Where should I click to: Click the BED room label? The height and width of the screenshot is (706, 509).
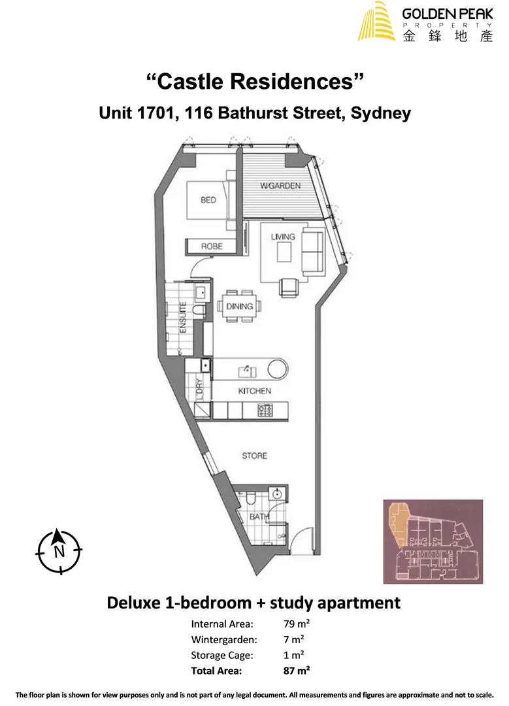pyautogui.click(x=208, y=200)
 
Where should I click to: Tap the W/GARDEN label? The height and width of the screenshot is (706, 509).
pyautogui.click(x=280, y=186)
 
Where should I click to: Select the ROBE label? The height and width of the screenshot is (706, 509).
pyautogui.click(x=211, y=246)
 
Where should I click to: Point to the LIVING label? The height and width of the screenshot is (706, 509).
pyautogui.click(x=283, y=237)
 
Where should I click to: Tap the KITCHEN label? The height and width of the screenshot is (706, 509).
pyautogui.click(x=254, y=391)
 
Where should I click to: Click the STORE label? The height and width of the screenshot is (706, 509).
pyautogui.click(x=254, y=455)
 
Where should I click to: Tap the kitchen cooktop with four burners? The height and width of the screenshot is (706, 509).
pyautogui.click(x=267, y=411)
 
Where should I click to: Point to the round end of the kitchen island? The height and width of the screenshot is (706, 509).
pyautogui.click(x=277, y=369)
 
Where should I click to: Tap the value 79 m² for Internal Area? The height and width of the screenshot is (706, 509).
pyautogui.click(x=291, y=624)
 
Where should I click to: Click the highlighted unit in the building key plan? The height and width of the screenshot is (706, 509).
pyautogui.click(x=397, y=523)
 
